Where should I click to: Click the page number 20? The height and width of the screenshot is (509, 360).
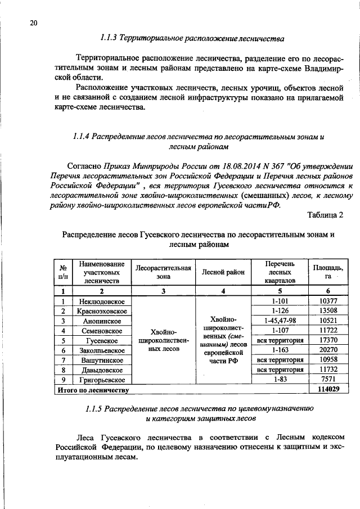[33, 22]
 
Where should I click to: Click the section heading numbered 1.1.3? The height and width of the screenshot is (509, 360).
[192, 39]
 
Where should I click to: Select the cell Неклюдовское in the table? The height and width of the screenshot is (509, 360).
[102, 301]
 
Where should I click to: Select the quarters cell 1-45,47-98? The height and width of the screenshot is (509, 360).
[280, 321]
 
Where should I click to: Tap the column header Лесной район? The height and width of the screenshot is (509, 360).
[223, 272]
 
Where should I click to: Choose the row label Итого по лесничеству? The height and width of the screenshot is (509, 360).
[92, 389]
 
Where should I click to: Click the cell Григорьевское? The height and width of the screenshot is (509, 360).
[102, 379]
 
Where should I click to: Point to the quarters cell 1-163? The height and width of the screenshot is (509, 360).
[280, 350]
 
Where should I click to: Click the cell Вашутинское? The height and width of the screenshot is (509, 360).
[102, 360]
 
